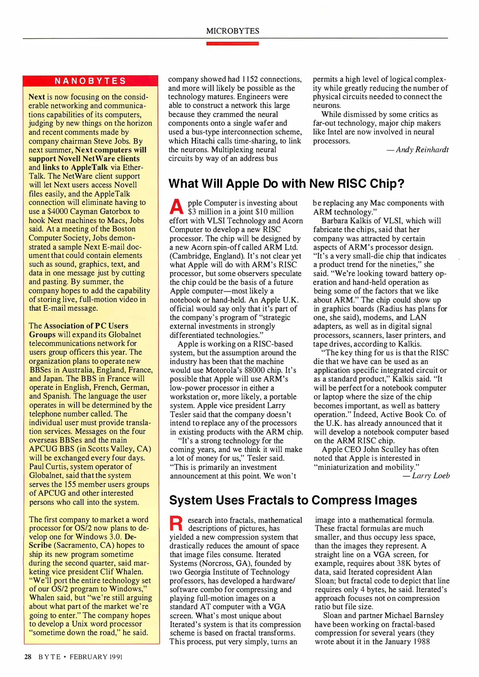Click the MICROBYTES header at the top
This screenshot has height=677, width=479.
[232, 31]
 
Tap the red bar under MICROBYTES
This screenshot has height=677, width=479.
[232, 44]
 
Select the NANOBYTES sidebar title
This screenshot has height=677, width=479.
[90, 81]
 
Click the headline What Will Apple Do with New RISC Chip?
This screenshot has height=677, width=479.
[286, 184]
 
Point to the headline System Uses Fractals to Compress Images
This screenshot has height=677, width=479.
[293, 500]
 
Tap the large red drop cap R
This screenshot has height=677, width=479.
[176, 524]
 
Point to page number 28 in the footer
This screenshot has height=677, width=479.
[28, 657]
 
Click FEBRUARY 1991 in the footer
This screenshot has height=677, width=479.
[96, 657]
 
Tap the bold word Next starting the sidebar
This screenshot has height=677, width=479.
[36, 97]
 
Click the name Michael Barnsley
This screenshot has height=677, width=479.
[414, 616]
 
